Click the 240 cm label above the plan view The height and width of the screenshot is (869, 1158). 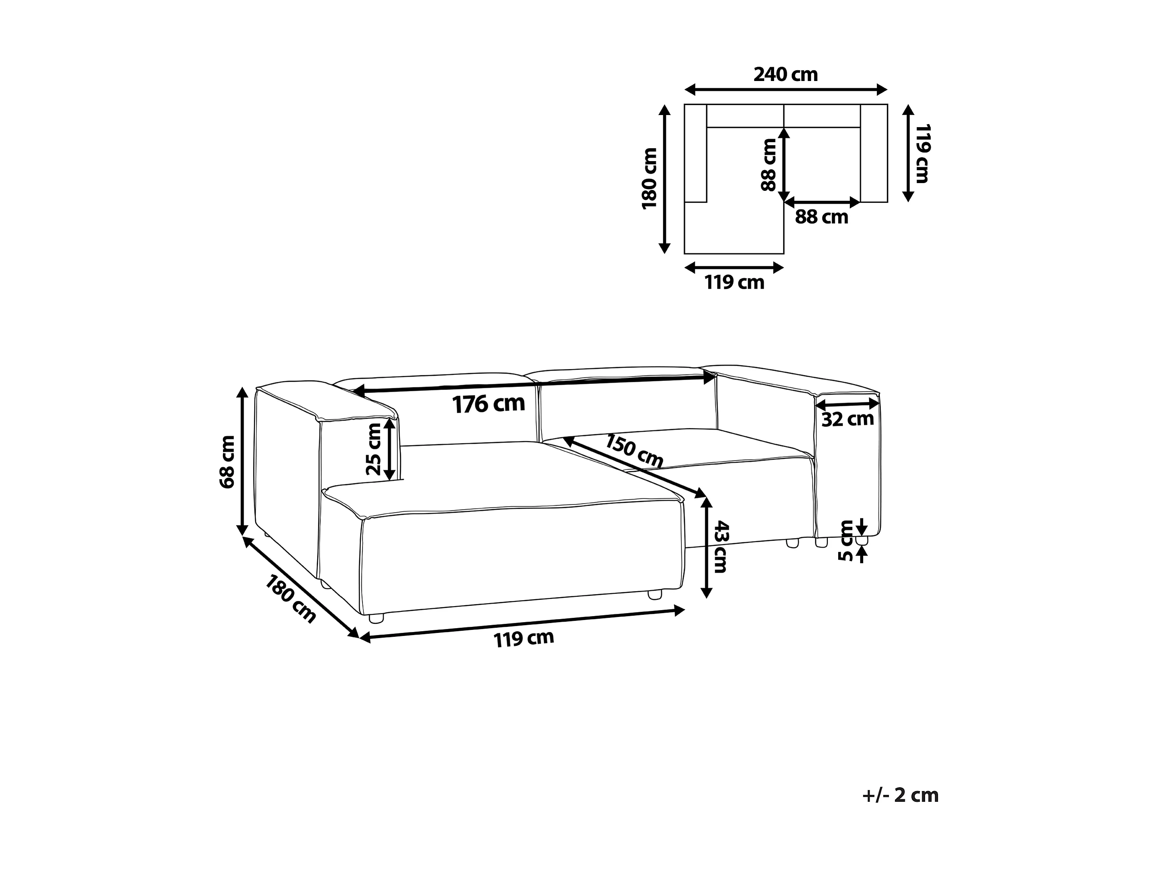(785, 75)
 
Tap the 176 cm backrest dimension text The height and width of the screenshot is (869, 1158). (489, 404)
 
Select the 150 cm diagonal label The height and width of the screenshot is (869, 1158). (635, 451)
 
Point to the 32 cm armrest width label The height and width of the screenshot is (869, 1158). (848, 419)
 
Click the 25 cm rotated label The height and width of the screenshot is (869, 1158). (374, 449)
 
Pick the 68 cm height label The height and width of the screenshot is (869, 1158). (227, 462)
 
